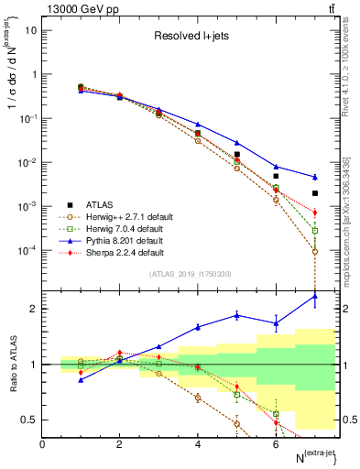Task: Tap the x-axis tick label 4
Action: point(198,443)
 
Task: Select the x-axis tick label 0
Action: point(42,443)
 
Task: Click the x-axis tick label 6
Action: point(276,443)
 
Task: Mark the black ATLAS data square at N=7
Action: point(314,193)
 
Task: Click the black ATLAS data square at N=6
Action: point(276,176)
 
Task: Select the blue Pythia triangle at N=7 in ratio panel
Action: point(314,296)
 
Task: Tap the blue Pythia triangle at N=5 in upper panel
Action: point(236,143)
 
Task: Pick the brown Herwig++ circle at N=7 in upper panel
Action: point(314,252)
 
